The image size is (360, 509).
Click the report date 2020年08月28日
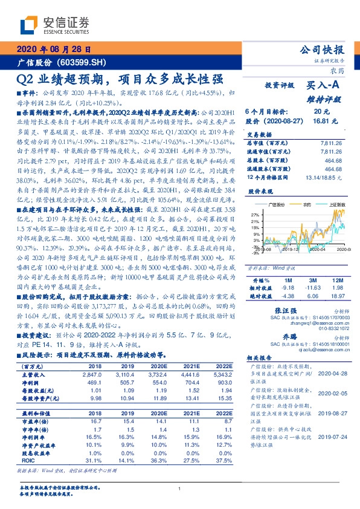click(55, 50)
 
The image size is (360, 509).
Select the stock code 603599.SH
click(84, 63)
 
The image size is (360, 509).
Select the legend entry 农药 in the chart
click(306, 206)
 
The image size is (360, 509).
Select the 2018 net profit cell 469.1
click(95, 383)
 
